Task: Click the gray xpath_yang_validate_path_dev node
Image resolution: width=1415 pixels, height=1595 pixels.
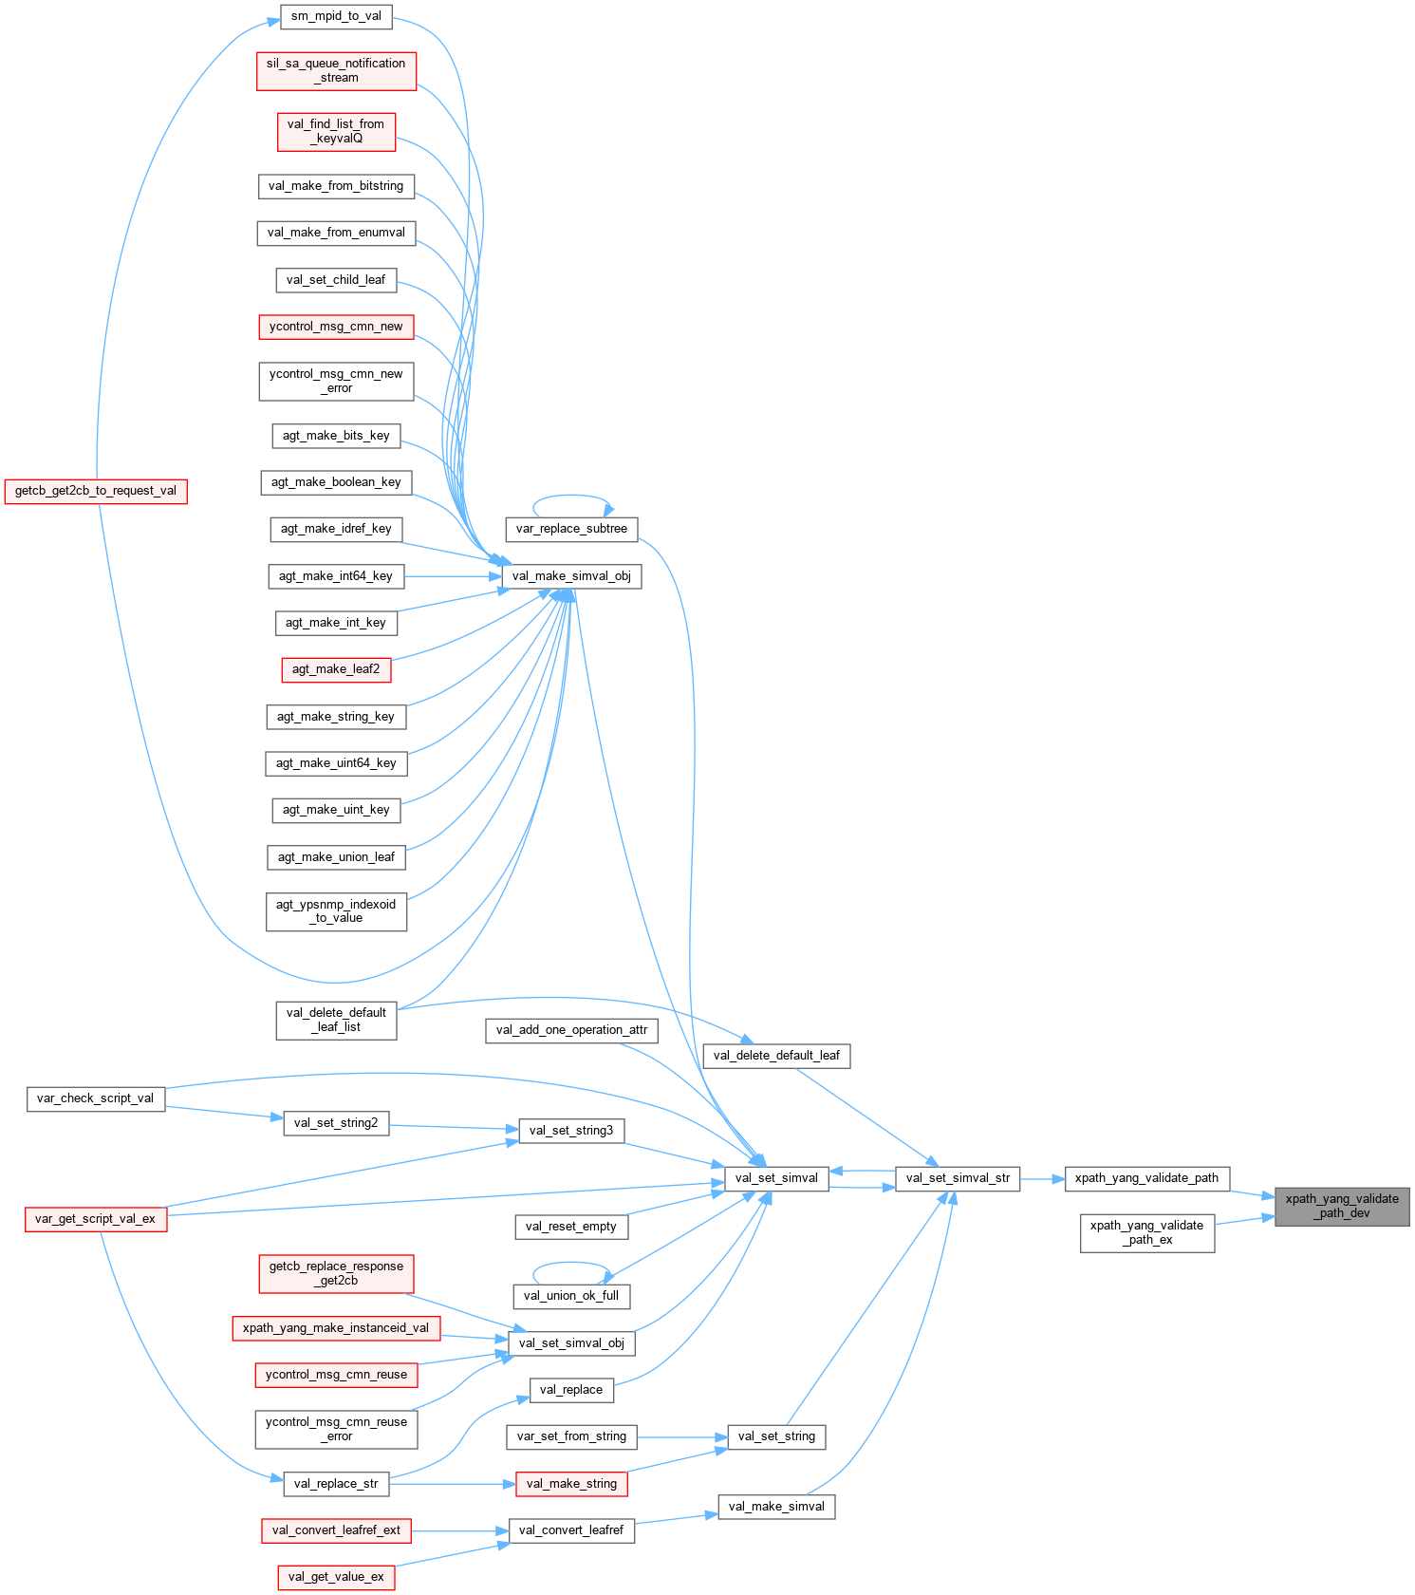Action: point(1342,1206)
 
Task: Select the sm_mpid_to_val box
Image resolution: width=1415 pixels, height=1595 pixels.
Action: point(336,16)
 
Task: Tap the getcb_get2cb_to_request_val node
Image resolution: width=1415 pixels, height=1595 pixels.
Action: point(96,491)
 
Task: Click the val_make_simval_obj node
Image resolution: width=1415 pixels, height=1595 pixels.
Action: point(571,575)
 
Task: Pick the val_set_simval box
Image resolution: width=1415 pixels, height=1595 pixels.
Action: point(776,1178)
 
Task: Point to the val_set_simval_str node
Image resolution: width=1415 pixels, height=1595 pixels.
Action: point(958,1178)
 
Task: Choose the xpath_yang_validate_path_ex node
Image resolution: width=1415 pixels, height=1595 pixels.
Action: point(1146,1232)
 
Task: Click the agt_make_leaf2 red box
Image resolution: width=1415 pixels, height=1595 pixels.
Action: point(336,669)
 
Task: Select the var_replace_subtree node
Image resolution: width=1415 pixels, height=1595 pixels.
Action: point(571,529)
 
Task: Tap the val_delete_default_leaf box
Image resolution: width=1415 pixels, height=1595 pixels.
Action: point(776,1055)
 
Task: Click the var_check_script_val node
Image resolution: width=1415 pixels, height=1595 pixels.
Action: point(95,1098)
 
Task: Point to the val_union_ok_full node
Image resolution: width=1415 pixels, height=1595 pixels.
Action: point(571,1295)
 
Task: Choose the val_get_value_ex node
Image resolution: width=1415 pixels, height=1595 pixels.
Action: point(336,1577)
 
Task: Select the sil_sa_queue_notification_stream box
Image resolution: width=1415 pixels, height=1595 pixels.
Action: point(336,70)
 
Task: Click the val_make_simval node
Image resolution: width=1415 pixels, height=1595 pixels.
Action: point(776,1507)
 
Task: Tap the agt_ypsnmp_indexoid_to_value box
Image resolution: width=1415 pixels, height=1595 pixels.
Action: point(336,911)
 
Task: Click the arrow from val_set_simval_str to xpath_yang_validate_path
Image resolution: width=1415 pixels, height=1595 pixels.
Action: point(1042,1179)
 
